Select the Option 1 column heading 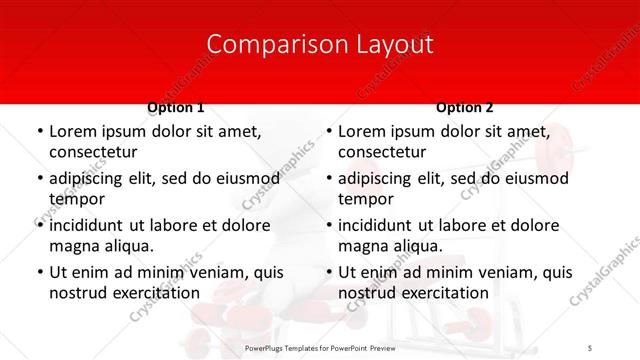pyautogui.click(x=176, y=107)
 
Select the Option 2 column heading pyautogui.click(x=464, y=107)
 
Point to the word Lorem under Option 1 pyautogui.click(x=72, y=131)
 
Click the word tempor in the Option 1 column pyautogui.click(x=76, y=199)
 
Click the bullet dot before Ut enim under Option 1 pyautogui.click(x=38, y=272)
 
